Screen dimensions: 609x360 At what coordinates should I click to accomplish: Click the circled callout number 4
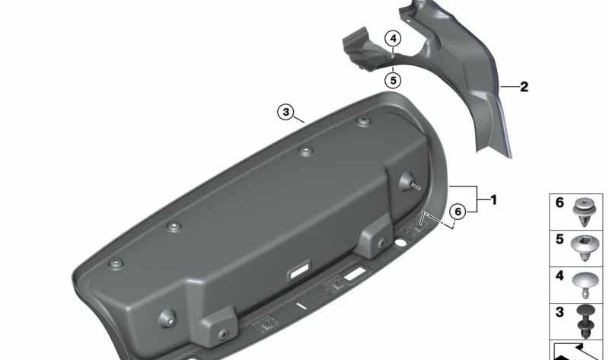[393, 39]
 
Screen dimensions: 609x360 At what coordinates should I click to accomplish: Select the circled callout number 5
[393, 81]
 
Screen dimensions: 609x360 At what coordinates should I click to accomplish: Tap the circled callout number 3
[286, 112]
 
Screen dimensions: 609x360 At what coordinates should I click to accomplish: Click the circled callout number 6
[458, 212]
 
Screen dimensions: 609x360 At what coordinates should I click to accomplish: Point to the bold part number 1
[493, 200]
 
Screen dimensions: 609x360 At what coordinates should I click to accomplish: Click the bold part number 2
[524, 87]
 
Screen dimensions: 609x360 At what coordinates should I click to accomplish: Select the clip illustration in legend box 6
[584, 213]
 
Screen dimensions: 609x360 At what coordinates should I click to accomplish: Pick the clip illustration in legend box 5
[585, 248]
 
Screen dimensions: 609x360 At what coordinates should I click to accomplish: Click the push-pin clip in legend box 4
[585, 285]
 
